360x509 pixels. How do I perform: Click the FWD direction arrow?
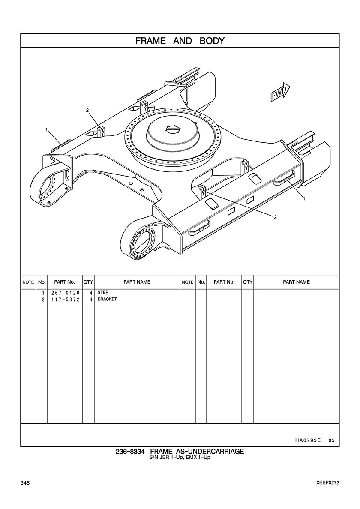coord(280,92)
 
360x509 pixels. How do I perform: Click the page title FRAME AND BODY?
coord(180,41)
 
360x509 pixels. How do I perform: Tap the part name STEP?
coord(103,293)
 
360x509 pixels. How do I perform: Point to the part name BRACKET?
coord(107,299)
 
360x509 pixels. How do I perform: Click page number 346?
coord(24,483)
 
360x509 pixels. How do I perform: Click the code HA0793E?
coord(308,440)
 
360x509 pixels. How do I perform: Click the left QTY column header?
coord(88,282)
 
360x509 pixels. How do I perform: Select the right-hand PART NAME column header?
coord(296,282)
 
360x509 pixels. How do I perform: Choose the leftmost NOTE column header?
coord(28,282)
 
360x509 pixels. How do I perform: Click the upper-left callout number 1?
coord(46,129)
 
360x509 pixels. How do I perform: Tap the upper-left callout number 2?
coord(87,110)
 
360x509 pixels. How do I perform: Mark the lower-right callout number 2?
coord(275,217)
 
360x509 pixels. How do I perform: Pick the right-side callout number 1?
coord(304,198)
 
